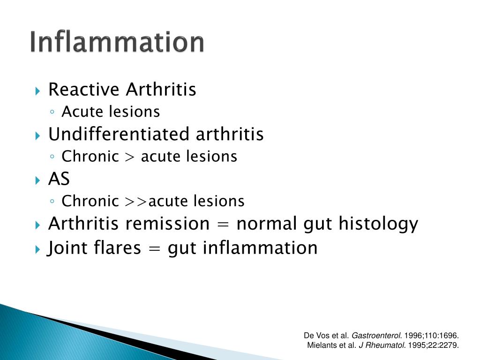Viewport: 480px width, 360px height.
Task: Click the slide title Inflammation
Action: point(117,43)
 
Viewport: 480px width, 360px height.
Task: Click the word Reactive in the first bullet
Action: point(77,89)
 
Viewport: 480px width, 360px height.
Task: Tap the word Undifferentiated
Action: point(119,135)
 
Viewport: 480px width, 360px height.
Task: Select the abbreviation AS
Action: point(59,180)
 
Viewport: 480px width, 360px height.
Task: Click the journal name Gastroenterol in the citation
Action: point(376,336)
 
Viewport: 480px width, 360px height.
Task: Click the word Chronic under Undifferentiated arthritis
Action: point(90,157)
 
